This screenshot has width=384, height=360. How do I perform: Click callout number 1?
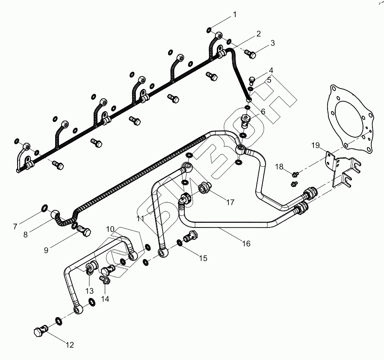234,15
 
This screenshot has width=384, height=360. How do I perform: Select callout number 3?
272,43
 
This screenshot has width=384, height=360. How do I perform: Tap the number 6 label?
263,111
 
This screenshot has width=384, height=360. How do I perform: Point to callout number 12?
69,345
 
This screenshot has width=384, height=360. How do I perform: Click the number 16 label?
246,244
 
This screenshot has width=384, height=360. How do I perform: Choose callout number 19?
315,146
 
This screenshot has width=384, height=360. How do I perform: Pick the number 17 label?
230,202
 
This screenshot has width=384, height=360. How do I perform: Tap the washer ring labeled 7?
44,208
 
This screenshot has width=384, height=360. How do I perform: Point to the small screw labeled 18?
295,174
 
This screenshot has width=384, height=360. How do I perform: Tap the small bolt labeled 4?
252,79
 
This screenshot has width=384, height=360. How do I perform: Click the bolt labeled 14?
105,280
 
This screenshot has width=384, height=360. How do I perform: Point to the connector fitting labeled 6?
246,120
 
